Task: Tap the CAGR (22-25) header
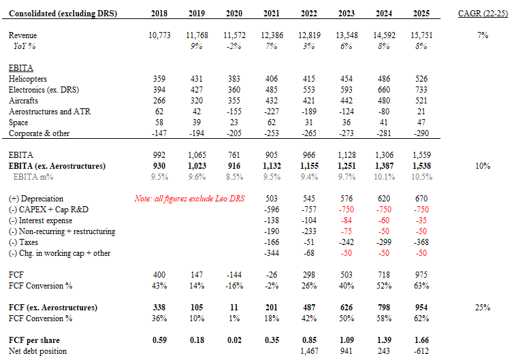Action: pyautogui.click(x=482, y=13)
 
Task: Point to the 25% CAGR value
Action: pyautogui.click(x=482, y=308)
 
